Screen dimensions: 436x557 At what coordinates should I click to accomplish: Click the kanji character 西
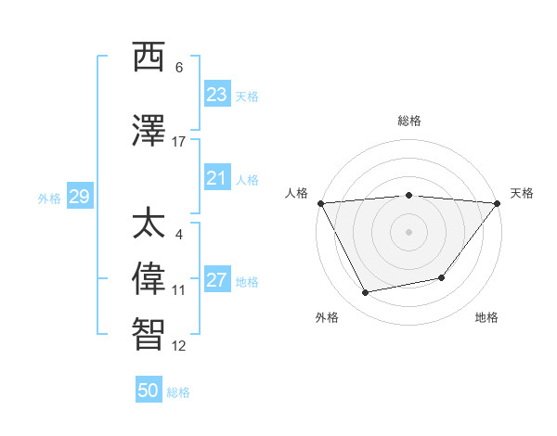click(149, 58)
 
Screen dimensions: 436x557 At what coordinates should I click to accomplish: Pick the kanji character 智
click(149, 333)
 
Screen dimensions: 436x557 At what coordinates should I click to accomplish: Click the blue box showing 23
click(216, 95)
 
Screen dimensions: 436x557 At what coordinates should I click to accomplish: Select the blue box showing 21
click(216, 178)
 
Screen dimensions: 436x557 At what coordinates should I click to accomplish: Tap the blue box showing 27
click(216, 280)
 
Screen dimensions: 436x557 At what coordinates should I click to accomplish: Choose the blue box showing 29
click(79, 197)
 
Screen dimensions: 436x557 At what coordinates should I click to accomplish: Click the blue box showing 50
click(149, 391)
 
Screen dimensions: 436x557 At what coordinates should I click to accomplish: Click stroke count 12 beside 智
click(179, 346)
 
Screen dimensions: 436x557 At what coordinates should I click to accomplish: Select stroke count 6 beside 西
click(179, 68)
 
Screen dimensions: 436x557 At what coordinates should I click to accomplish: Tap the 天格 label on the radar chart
click(522, 193)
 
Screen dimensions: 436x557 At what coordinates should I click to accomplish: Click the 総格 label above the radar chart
click(409, 121)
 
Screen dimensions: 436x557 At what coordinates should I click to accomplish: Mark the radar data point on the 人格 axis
click(320, 203)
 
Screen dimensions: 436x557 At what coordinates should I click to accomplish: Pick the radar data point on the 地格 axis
click(443, 277)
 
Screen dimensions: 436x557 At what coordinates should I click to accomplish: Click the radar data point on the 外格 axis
click(366, 292)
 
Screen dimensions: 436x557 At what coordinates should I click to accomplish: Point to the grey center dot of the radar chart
click(409, 232)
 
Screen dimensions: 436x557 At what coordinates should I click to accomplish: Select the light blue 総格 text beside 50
click(178, 392)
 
